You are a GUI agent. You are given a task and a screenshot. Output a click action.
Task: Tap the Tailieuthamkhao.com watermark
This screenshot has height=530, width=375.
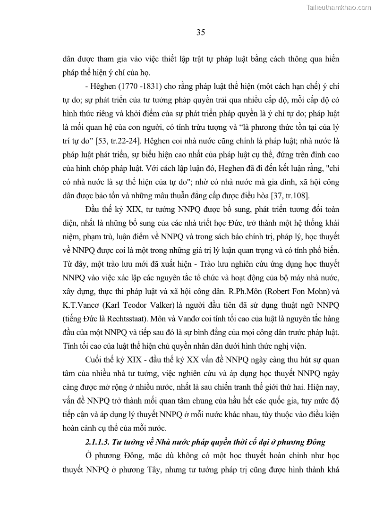[x=339, y=7]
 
